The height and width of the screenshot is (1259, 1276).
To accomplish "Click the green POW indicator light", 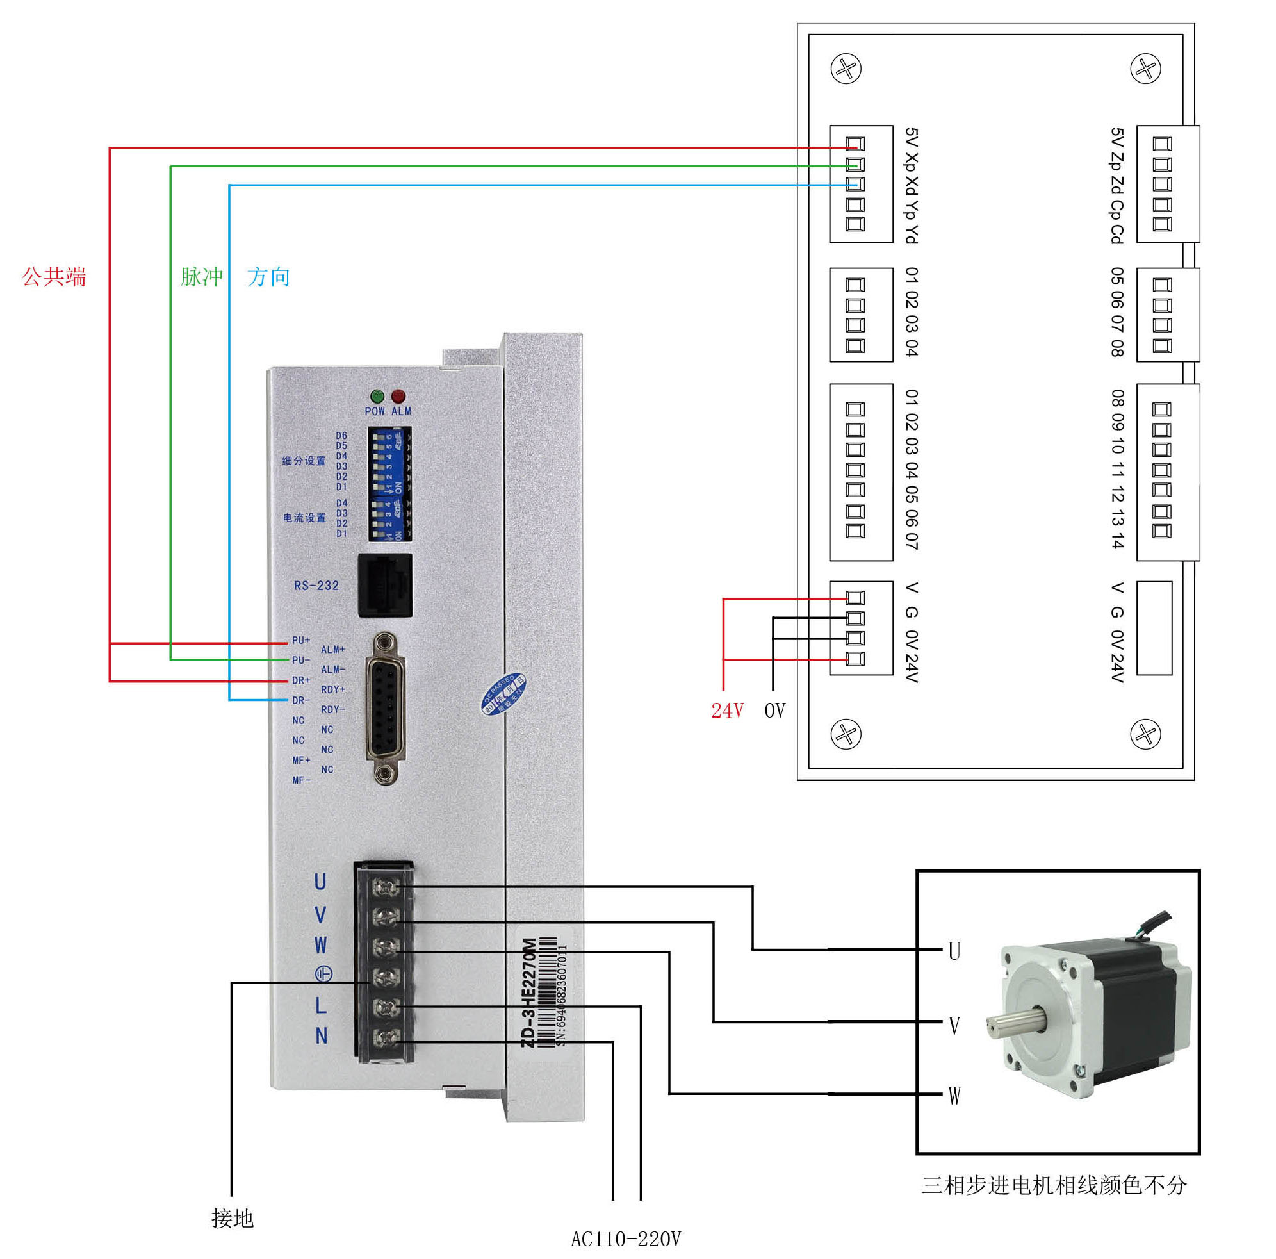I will click(x=377, y=397).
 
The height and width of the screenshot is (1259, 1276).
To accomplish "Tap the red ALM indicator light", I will click(x=398, y=397).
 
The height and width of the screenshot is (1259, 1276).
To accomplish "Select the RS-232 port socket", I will click(x=385, y=585).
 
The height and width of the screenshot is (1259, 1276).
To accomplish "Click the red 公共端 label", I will click(x=54, y=277).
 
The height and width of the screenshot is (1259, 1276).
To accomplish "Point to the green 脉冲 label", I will click(x=201, y=277).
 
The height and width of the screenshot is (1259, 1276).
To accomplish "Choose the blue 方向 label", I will click(x=269, y=277).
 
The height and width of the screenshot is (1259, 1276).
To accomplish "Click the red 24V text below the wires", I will click(x=727, y=711).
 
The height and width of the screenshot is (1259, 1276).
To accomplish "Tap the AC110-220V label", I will click(x=625, y=1239).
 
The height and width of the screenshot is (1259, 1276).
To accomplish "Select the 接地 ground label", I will click(x=233, y=1219).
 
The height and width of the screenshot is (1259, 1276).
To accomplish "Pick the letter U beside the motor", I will click(x=954, y=951).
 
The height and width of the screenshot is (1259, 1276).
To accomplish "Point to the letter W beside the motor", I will click(x=954, y=1095).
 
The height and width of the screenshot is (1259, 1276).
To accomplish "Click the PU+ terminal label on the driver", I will click(x=301, y=640).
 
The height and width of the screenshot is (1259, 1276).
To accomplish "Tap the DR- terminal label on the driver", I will click(x=301, y=700).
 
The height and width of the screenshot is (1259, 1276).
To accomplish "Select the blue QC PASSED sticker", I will click(x=503, y=694).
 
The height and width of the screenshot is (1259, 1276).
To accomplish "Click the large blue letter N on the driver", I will click(x=321, y=1036).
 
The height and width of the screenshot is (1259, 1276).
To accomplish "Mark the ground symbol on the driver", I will click(x=322, y=974).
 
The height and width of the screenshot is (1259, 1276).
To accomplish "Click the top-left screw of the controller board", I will click(x=846, y=69).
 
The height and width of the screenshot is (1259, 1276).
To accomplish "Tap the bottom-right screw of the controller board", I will click(x=1146, y=734).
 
